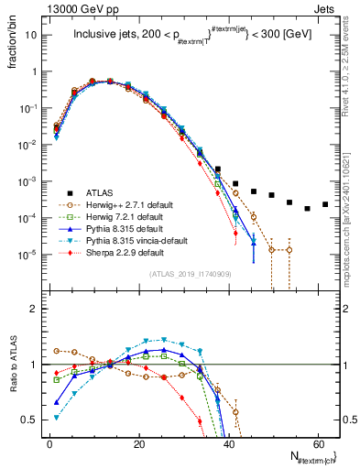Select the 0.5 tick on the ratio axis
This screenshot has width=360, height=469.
30,420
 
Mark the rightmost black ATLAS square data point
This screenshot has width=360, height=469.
325,204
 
